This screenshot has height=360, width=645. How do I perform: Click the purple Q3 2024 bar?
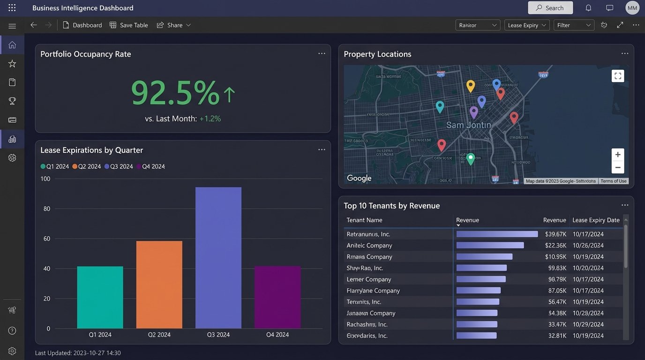pos(218,258)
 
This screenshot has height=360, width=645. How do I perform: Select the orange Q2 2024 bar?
pos(159,285)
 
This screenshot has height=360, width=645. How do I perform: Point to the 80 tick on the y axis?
pos(46,209)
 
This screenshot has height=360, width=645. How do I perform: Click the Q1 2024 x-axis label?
pos(100,335)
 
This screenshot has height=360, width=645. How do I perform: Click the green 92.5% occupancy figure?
pos(175,93)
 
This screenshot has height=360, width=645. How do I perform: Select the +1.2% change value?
pos(210,119)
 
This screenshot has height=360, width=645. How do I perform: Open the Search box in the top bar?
pos(550,8)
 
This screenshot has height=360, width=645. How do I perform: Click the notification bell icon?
pos(588,8)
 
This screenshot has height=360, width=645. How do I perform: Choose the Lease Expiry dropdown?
pos(527,25)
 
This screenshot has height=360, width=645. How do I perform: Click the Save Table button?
pos(129,25)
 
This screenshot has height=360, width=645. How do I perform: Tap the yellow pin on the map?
pos(471,86)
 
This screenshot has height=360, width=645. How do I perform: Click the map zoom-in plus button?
pos(617,155)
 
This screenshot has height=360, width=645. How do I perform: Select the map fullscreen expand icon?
pos(617,76)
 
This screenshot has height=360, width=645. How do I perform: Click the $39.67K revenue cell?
pos(555,234)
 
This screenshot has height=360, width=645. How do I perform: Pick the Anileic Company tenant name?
pos(369,245)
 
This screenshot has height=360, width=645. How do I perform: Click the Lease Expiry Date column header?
pos(596,220)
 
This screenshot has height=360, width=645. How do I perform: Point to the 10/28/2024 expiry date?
pos(588,313)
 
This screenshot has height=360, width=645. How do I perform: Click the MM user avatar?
pos(632,8)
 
